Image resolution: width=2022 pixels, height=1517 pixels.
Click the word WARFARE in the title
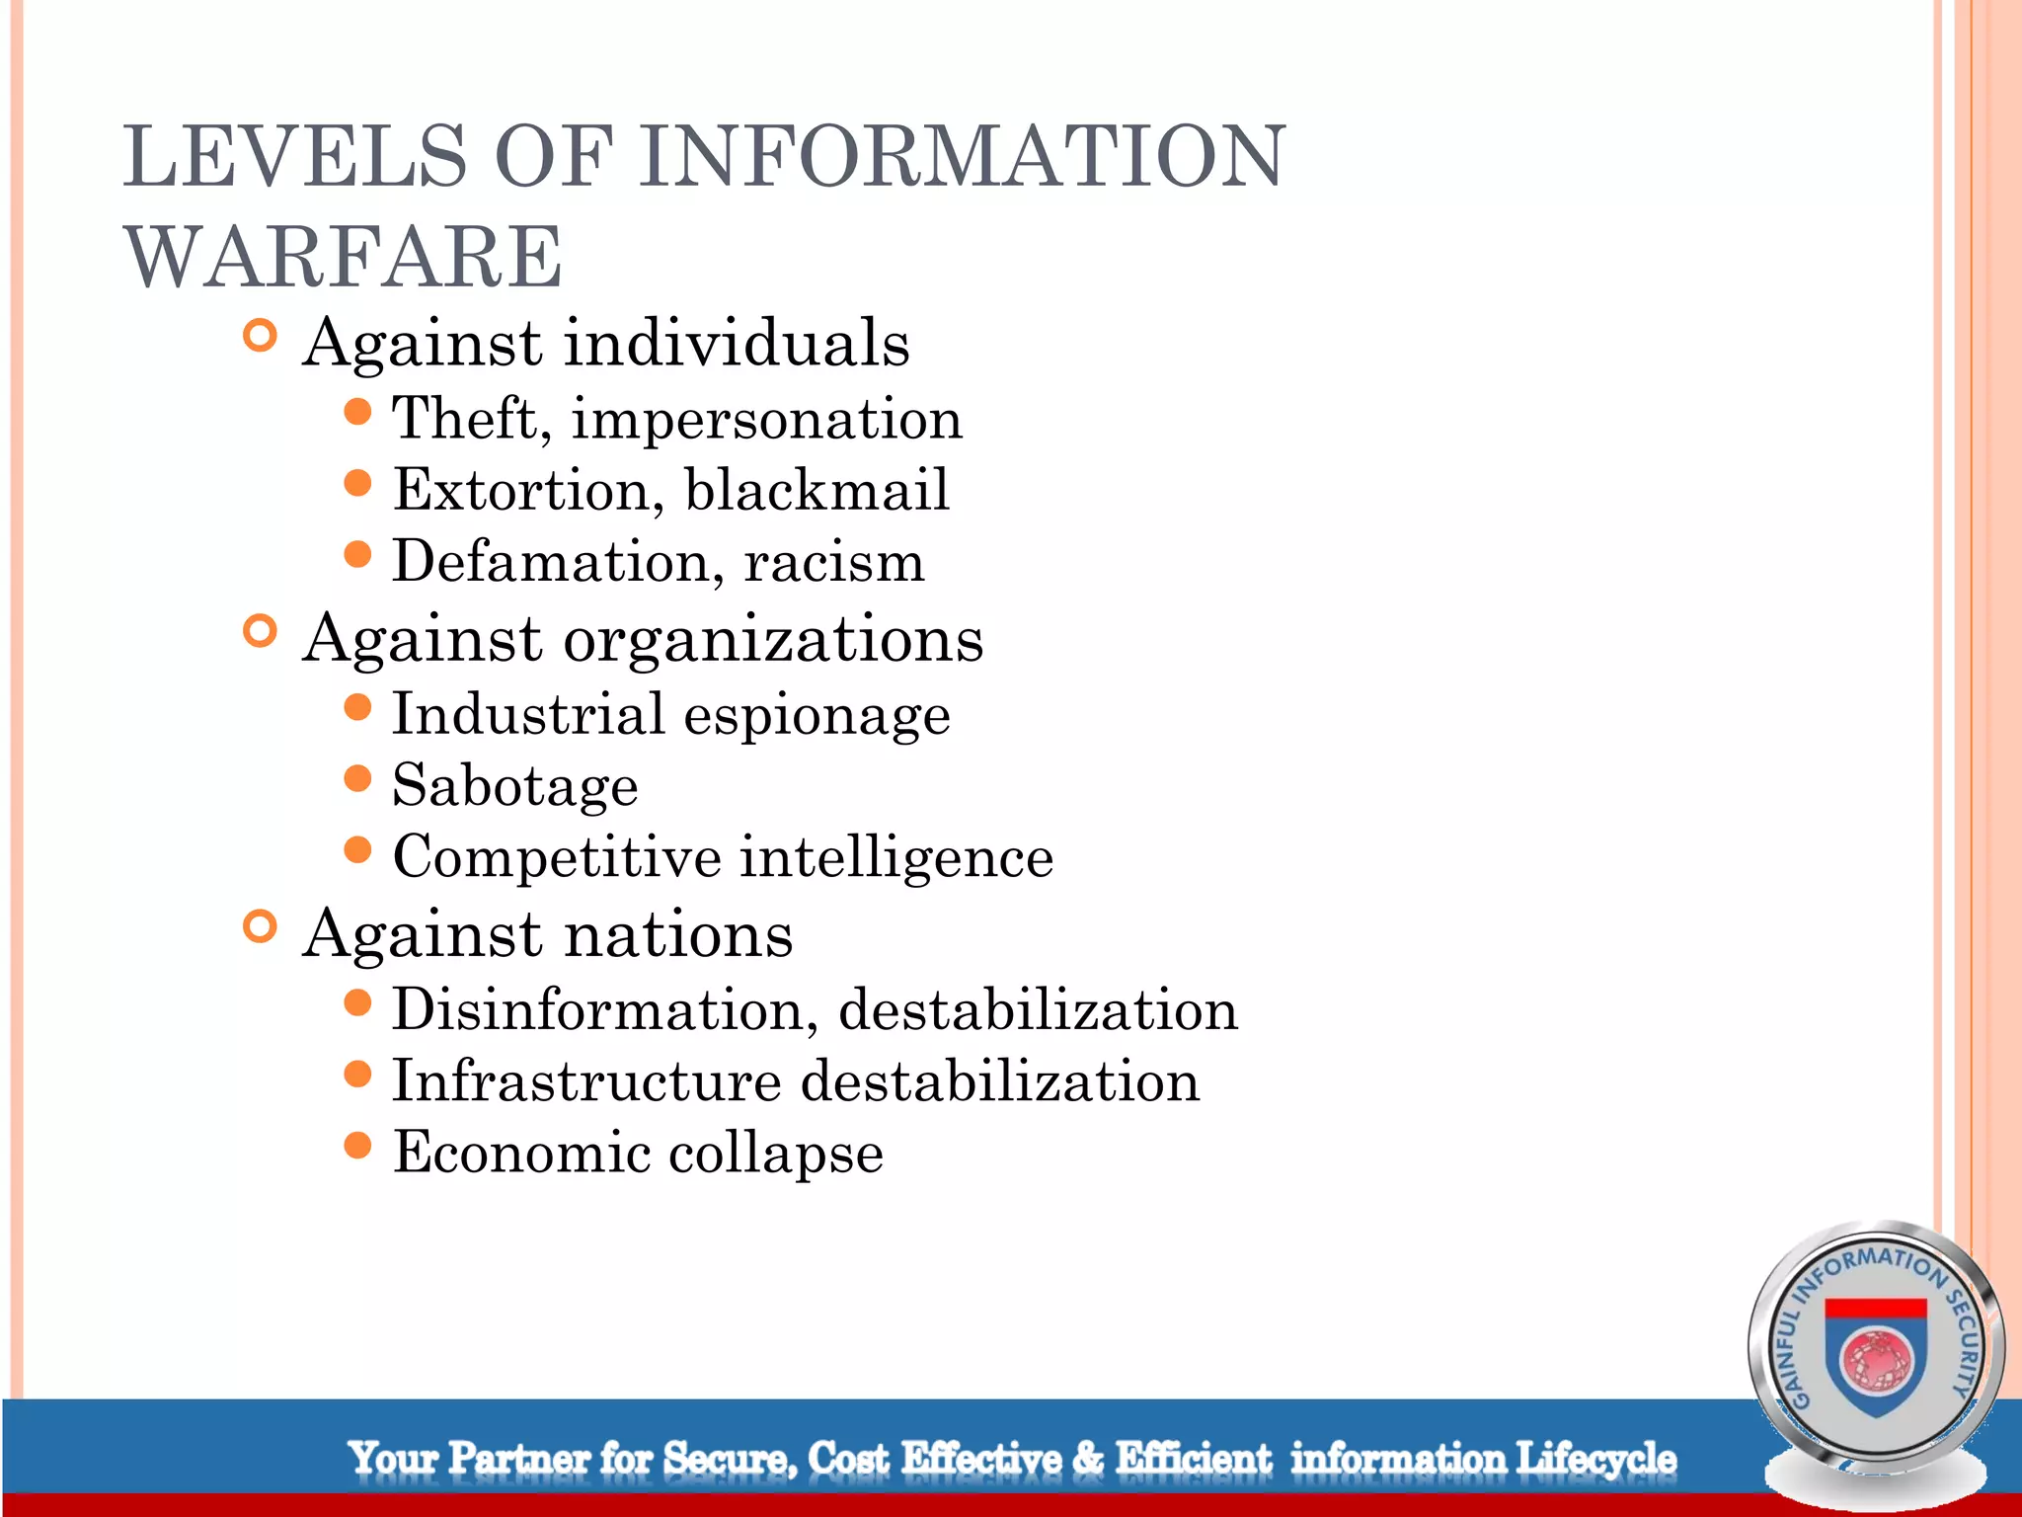point(343,258)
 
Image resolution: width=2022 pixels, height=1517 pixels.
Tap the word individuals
point(737,344)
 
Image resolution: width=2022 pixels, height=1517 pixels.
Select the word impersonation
point(766,420)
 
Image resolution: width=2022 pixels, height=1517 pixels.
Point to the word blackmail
point(817,490)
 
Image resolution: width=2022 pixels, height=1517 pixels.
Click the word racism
point(834,562)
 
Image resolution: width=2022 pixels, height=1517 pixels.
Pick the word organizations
point(773,640)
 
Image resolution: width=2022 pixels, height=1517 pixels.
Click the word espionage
point(817,715)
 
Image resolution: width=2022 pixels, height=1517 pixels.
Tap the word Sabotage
point(514,786)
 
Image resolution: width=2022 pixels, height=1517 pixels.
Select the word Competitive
point(557,856)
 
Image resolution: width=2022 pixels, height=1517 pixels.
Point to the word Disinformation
point(604,1010)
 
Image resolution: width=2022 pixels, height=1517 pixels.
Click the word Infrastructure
point(586,1081)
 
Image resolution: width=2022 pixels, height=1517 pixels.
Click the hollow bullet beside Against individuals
point(260,337)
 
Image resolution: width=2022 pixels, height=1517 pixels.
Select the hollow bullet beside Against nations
point(260,927)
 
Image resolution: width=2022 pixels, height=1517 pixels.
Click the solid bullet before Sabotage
point(357,779)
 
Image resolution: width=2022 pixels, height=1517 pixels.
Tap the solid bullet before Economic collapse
point(357,1146)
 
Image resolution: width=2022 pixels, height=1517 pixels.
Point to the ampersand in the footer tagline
point(1088,1458)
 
